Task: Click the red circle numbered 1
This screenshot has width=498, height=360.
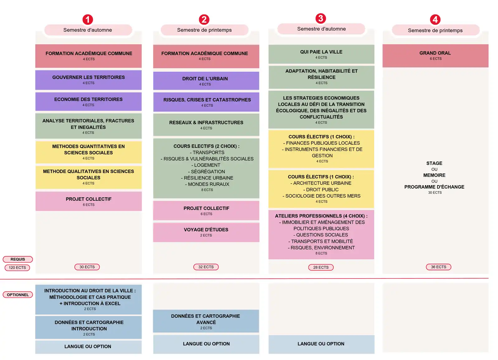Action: tap(87, 20)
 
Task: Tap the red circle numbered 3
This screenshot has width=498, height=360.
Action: tap(321, 18)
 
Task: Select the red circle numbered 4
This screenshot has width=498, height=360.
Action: tap(435, 20)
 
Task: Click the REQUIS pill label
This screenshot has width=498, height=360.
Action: tap(18, 259)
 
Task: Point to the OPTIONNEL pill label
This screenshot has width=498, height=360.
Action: tap(18, 295)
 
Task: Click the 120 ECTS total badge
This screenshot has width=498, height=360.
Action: tap(17, 268)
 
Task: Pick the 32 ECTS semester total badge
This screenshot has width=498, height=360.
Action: tap(206, 267)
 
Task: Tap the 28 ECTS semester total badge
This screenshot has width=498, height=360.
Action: tap(321, 268)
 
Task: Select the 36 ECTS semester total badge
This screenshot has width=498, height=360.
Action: tap(439, 267)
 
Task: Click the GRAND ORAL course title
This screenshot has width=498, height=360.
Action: tap(435, 53)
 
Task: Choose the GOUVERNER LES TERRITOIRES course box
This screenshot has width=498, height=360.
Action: tap(88, 80)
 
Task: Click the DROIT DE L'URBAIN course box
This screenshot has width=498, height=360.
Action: tap(206, 81)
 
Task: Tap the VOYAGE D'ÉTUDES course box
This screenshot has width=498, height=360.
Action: tap(206, 232)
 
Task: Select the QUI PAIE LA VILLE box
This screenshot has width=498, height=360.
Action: tap(321, 54)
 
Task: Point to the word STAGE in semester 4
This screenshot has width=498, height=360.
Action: tap(434, 163)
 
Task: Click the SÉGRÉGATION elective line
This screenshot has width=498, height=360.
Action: tap(206, 172)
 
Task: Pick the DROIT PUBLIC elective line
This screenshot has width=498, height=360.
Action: tap(321, 190)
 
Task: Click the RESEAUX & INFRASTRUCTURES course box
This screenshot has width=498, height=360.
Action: tap(206, 125)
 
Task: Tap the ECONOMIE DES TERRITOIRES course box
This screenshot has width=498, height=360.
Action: tap(88, 101)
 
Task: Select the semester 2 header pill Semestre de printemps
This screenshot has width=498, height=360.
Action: tap(204, 30)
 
